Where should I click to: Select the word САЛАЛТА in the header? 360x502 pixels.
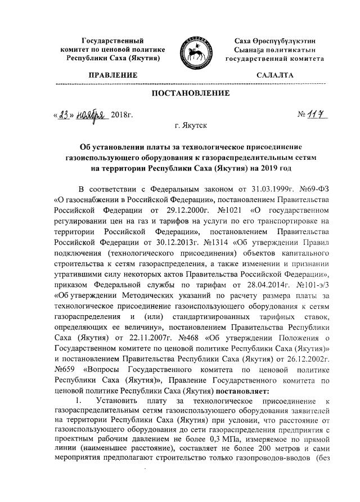[x=276, y=74]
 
